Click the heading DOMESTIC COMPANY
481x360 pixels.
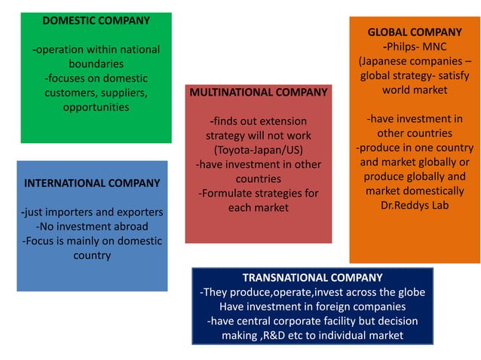pos(96,20)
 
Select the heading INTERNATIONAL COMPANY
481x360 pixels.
pos(92,183)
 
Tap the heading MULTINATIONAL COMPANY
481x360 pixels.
pos(259,92)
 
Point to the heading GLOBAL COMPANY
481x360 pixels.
pos(414,32)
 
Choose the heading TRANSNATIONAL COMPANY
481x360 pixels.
pos(312,278)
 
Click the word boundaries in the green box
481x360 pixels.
pos(96,64)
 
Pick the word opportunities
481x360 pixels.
pos(96,107)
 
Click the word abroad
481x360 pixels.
pos(128,227)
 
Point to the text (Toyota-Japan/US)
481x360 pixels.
pos(259,150)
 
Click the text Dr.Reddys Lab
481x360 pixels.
pos(414,205)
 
